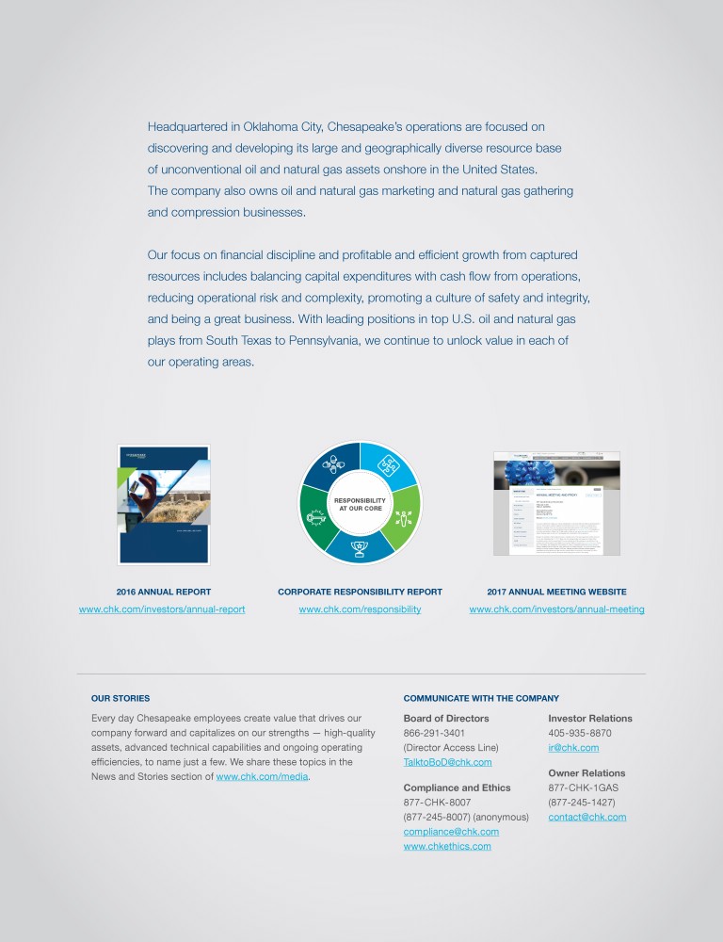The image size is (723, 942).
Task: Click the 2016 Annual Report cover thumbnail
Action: [x=163, y=505]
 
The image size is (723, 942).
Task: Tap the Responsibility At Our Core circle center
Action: [x=361, y=504]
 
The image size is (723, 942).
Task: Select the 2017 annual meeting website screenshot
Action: [x=557, y=503]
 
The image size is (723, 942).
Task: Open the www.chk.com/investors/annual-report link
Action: [x=162, y=609]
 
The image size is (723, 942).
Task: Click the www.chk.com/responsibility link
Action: [x=360, y=609]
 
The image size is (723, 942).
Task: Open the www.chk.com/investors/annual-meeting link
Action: [x=556, y=609]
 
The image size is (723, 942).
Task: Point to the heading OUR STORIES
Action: [x=120, y=698]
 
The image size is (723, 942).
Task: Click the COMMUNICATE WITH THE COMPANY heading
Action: [x=481, y=698]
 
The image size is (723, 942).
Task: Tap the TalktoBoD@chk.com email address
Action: [x=447, y=762]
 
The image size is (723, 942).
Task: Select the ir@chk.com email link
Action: [x=572, y=748]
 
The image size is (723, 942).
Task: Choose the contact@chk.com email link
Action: [x=586, y=817]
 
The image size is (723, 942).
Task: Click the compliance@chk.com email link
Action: [x=451, y=832]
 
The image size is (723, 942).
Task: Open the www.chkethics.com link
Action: [x=447, y=846]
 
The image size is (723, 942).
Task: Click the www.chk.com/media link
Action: [x=262, y=777]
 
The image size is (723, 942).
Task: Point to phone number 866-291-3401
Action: [x=434, y=733]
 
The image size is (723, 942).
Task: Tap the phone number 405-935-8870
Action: [x=580, y=733]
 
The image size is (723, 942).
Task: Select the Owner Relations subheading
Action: [x=586, y=773]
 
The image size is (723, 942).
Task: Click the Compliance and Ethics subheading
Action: [x=457, y=788]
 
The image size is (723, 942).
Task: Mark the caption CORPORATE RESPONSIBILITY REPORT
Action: [x=360, y=592]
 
